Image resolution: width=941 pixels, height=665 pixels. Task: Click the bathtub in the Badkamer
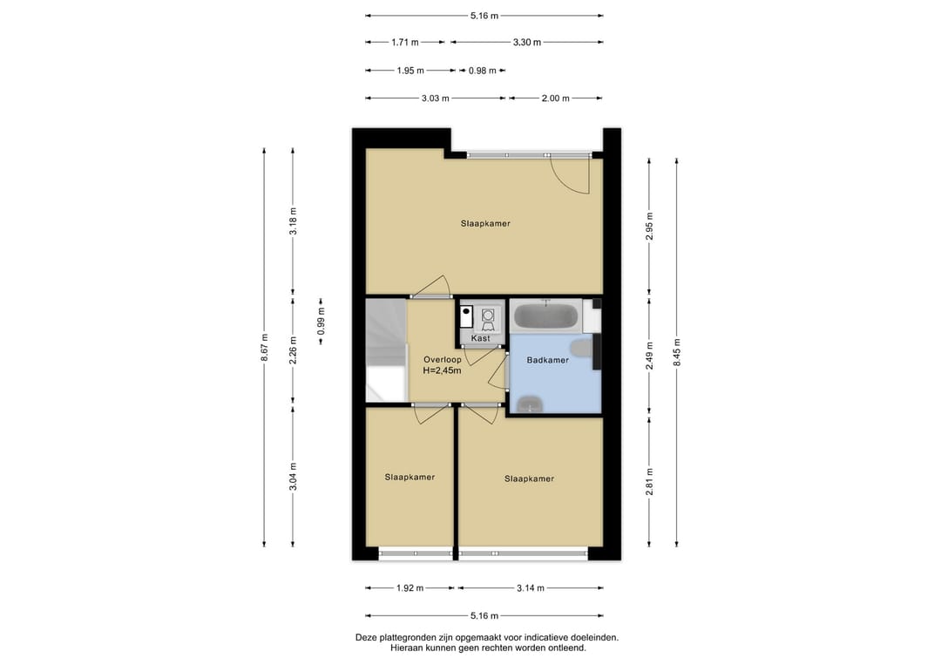(x=545, y=316)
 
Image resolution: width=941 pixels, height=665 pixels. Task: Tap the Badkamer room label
(x=547, y=360)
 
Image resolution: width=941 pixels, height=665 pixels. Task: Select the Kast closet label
(x=481, y=338)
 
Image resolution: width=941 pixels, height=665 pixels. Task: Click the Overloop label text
(x=443, y=360)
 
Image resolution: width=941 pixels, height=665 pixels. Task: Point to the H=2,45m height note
(x=443, y=371)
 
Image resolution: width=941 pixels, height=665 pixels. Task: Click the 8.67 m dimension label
(x=265, y=348)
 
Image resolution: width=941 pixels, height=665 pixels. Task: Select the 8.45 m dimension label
(x=677, y=352)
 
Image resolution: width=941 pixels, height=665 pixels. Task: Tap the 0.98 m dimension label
(x=483, y=71)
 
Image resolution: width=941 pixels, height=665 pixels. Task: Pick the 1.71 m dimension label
(x=405, y=43)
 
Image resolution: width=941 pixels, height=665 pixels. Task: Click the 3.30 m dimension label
(x=527, y=43)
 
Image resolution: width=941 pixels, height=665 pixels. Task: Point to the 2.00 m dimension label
(x=555, y=98)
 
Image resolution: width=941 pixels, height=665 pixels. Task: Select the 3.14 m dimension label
(x=531, y=588)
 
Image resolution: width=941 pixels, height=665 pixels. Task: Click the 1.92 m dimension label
(x=410, y=588)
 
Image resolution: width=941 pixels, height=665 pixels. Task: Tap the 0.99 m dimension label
(x=321, y=321)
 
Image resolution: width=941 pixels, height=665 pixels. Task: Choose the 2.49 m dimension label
(x=649, y=356)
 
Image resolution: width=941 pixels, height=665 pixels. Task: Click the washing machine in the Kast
(x=488, y=317)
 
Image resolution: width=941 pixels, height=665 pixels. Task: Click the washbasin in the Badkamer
(x=529, y=404)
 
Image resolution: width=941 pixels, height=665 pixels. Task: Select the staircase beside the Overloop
(x=387, y=349)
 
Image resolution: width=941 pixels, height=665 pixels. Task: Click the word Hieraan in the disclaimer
(x=406, y=648)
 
